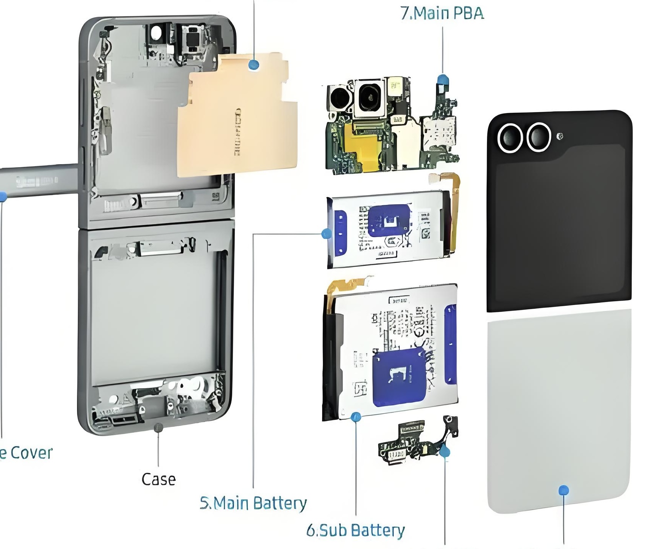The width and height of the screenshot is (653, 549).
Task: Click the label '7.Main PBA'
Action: coord(442,13)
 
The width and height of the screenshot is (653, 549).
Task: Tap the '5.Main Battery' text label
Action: coord(253,503)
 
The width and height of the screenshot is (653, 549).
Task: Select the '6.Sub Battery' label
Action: coord(355,530)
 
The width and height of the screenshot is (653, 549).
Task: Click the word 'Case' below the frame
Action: coord(158,479)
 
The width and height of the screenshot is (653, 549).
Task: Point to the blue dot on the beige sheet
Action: coord(254,64)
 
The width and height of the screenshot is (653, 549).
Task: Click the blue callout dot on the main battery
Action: coord(326,234)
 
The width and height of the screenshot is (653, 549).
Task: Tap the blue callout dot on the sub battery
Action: coord(356,417)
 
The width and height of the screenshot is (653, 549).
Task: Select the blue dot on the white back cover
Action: coord(564,490)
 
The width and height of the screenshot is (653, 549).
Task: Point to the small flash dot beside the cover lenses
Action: coord(559,136)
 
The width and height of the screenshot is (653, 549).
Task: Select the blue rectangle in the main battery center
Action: coord(390,221)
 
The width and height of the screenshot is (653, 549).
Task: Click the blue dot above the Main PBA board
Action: coord(442,80)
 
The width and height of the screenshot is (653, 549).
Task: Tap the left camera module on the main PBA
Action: coord(339,98)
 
